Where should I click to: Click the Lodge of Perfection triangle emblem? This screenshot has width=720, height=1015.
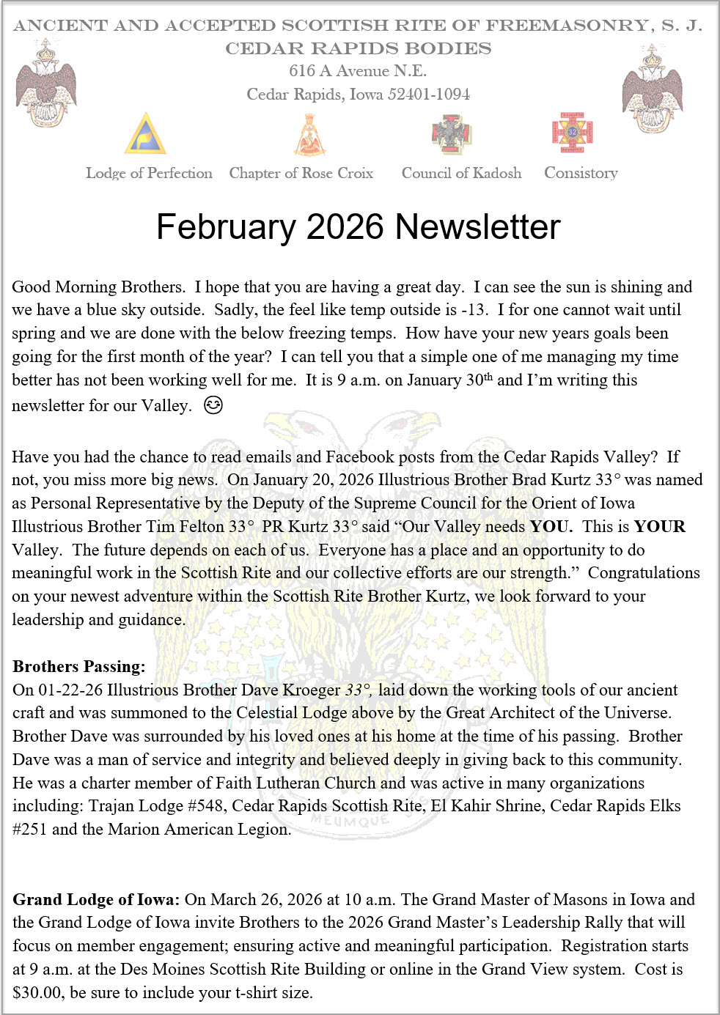click(145, 133)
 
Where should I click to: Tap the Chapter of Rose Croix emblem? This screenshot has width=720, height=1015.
click(309, 135)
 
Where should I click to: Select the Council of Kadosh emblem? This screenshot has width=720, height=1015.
click(451, 134)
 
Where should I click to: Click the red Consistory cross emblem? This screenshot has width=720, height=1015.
click(572, 133)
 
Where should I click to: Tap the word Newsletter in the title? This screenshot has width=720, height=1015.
click(477, 227)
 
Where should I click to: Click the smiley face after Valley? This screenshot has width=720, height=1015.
click(213, 405)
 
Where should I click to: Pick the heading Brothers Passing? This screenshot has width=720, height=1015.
click(79, 666)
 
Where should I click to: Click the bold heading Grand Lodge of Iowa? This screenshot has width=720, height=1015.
click(96, 899)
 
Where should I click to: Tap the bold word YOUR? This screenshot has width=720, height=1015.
click(660, 526)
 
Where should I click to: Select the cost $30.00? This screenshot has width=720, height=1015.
click(37, 993)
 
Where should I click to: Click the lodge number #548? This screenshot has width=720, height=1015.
click(206, 806)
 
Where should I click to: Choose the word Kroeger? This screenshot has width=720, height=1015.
click(312, 690)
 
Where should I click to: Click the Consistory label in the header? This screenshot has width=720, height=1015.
click(581, 173)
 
